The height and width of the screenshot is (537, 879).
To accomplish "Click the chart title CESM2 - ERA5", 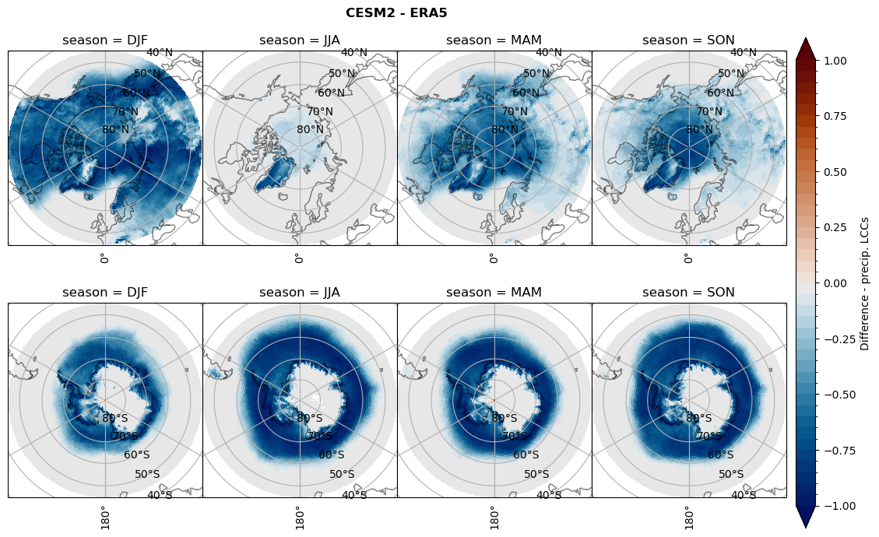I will pyautogui.click(x=396, y=13).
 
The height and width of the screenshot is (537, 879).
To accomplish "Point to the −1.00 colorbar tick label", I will pyautogui.click(x=832, y=506).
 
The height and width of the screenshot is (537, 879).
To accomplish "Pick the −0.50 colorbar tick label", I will pyautogui.click(x=832, y=395).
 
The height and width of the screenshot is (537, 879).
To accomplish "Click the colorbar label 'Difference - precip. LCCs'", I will pyautogui.click(x=865, y=283).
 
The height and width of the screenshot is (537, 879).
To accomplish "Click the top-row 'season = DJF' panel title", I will pyautogui.click(x=105, y=40).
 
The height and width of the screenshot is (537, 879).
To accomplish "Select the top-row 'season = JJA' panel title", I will pyautogui.click(x=300, y=40).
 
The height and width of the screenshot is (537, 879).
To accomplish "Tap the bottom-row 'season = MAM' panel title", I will pyautogui.click(x=494, y=293).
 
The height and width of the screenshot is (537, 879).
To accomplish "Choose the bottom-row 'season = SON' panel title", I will pyautogui.click(x=689, y=293).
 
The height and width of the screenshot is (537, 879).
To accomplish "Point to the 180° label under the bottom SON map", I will pyautogui.click(x=688, y=516).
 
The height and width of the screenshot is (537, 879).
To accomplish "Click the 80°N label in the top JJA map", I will pyautogui.click(x=310, y=129).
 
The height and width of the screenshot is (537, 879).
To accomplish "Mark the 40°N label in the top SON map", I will pyautogui.click(x=743, y=53).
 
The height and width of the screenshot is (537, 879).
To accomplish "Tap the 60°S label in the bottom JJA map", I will pyautogui.click(x=332, y=455).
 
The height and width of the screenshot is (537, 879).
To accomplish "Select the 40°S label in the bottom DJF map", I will pyautogui.click(x=160, y=495).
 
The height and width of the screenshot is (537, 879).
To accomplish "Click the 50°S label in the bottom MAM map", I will pyautogui.click(x=536, y=474).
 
